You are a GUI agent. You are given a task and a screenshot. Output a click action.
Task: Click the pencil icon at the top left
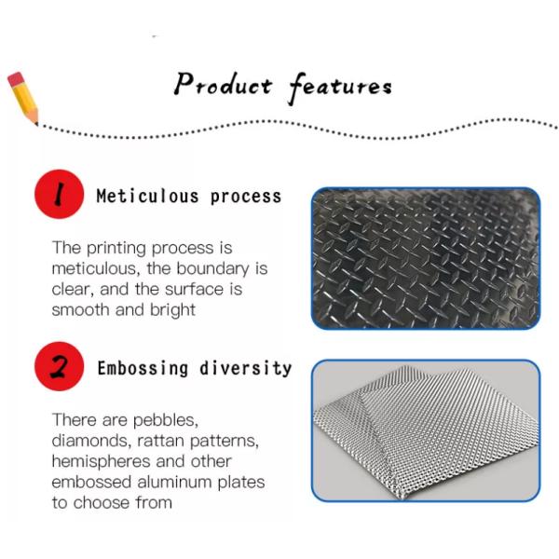click(22, 97)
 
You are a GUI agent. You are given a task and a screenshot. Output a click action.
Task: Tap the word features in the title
click(340, 87)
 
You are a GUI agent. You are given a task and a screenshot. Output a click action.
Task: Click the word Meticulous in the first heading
click(147, 196)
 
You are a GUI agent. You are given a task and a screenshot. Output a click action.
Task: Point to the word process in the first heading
click(245, 196)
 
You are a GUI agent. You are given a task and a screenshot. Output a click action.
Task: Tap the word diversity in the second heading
click(245, 367)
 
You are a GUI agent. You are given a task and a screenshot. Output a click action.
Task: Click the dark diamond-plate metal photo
click(426, 258)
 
